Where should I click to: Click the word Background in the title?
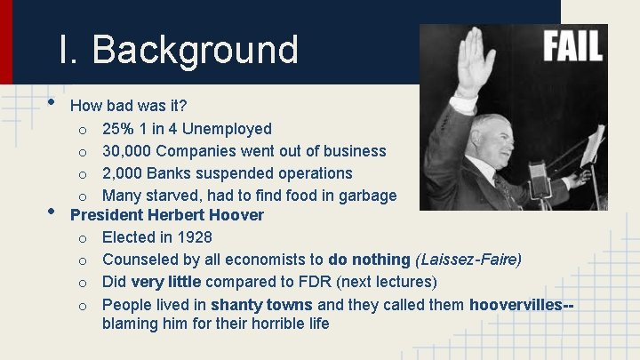[195, 50]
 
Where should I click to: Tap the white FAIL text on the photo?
[572, 46]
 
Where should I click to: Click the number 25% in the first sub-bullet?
[119, 129]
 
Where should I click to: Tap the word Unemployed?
[226, 129]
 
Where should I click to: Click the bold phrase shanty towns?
[262, 304]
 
